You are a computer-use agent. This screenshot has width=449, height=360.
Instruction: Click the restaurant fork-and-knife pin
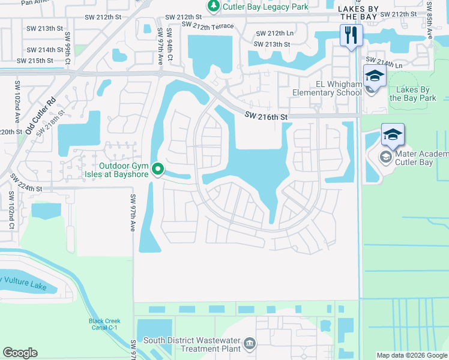[350, 34]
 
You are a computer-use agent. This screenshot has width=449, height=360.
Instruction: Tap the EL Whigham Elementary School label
[327, 89]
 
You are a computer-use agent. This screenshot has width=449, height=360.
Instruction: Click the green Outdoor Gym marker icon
[158, 170]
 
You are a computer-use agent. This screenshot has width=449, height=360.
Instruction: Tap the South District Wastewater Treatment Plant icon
[250, 344]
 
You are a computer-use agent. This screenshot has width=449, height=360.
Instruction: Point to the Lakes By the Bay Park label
[412, 93]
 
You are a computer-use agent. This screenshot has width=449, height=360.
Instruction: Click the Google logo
[20, 353]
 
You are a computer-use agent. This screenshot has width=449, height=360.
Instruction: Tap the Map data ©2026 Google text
[411, 355]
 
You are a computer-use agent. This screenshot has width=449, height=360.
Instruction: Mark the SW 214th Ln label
[384, 62]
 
